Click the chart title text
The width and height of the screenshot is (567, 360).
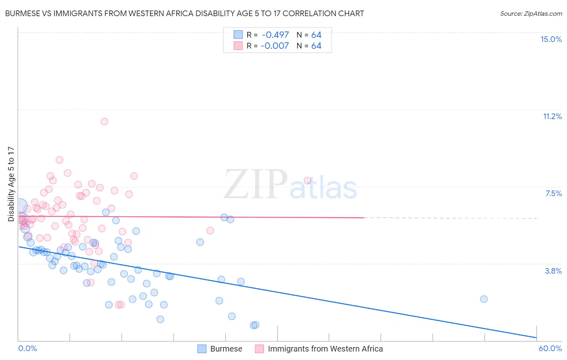click(184, 14)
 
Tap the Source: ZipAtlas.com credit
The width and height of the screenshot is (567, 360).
click(531, 14)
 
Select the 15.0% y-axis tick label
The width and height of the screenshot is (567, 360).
click(551, 39)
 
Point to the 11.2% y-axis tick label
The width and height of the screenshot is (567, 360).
click(552, 117)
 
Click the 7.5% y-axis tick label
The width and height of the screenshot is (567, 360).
click(553, 194)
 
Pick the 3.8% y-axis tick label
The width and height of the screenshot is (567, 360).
click(553, 271)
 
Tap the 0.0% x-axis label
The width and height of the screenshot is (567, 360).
click(27, 348)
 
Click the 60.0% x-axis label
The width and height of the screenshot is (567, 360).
click(550, 348)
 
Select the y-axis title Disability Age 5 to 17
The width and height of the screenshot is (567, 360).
click(11, 184)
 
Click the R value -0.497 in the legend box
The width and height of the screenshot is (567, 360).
click(275, 35)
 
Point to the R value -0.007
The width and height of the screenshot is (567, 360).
click(275, 46)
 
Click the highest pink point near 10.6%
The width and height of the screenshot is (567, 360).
click(104, 121)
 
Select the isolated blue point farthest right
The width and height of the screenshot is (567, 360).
click(484, 299)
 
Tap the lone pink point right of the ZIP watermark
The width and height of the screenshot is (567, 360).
click(307, 180)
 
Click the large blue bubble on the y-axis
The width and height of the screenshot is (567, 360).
click(19, 206)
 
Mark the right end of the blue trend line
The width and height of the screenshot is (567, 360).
click(536, 337)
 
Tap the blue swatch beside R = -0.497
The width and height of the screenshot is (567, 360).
click(238, 35)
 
